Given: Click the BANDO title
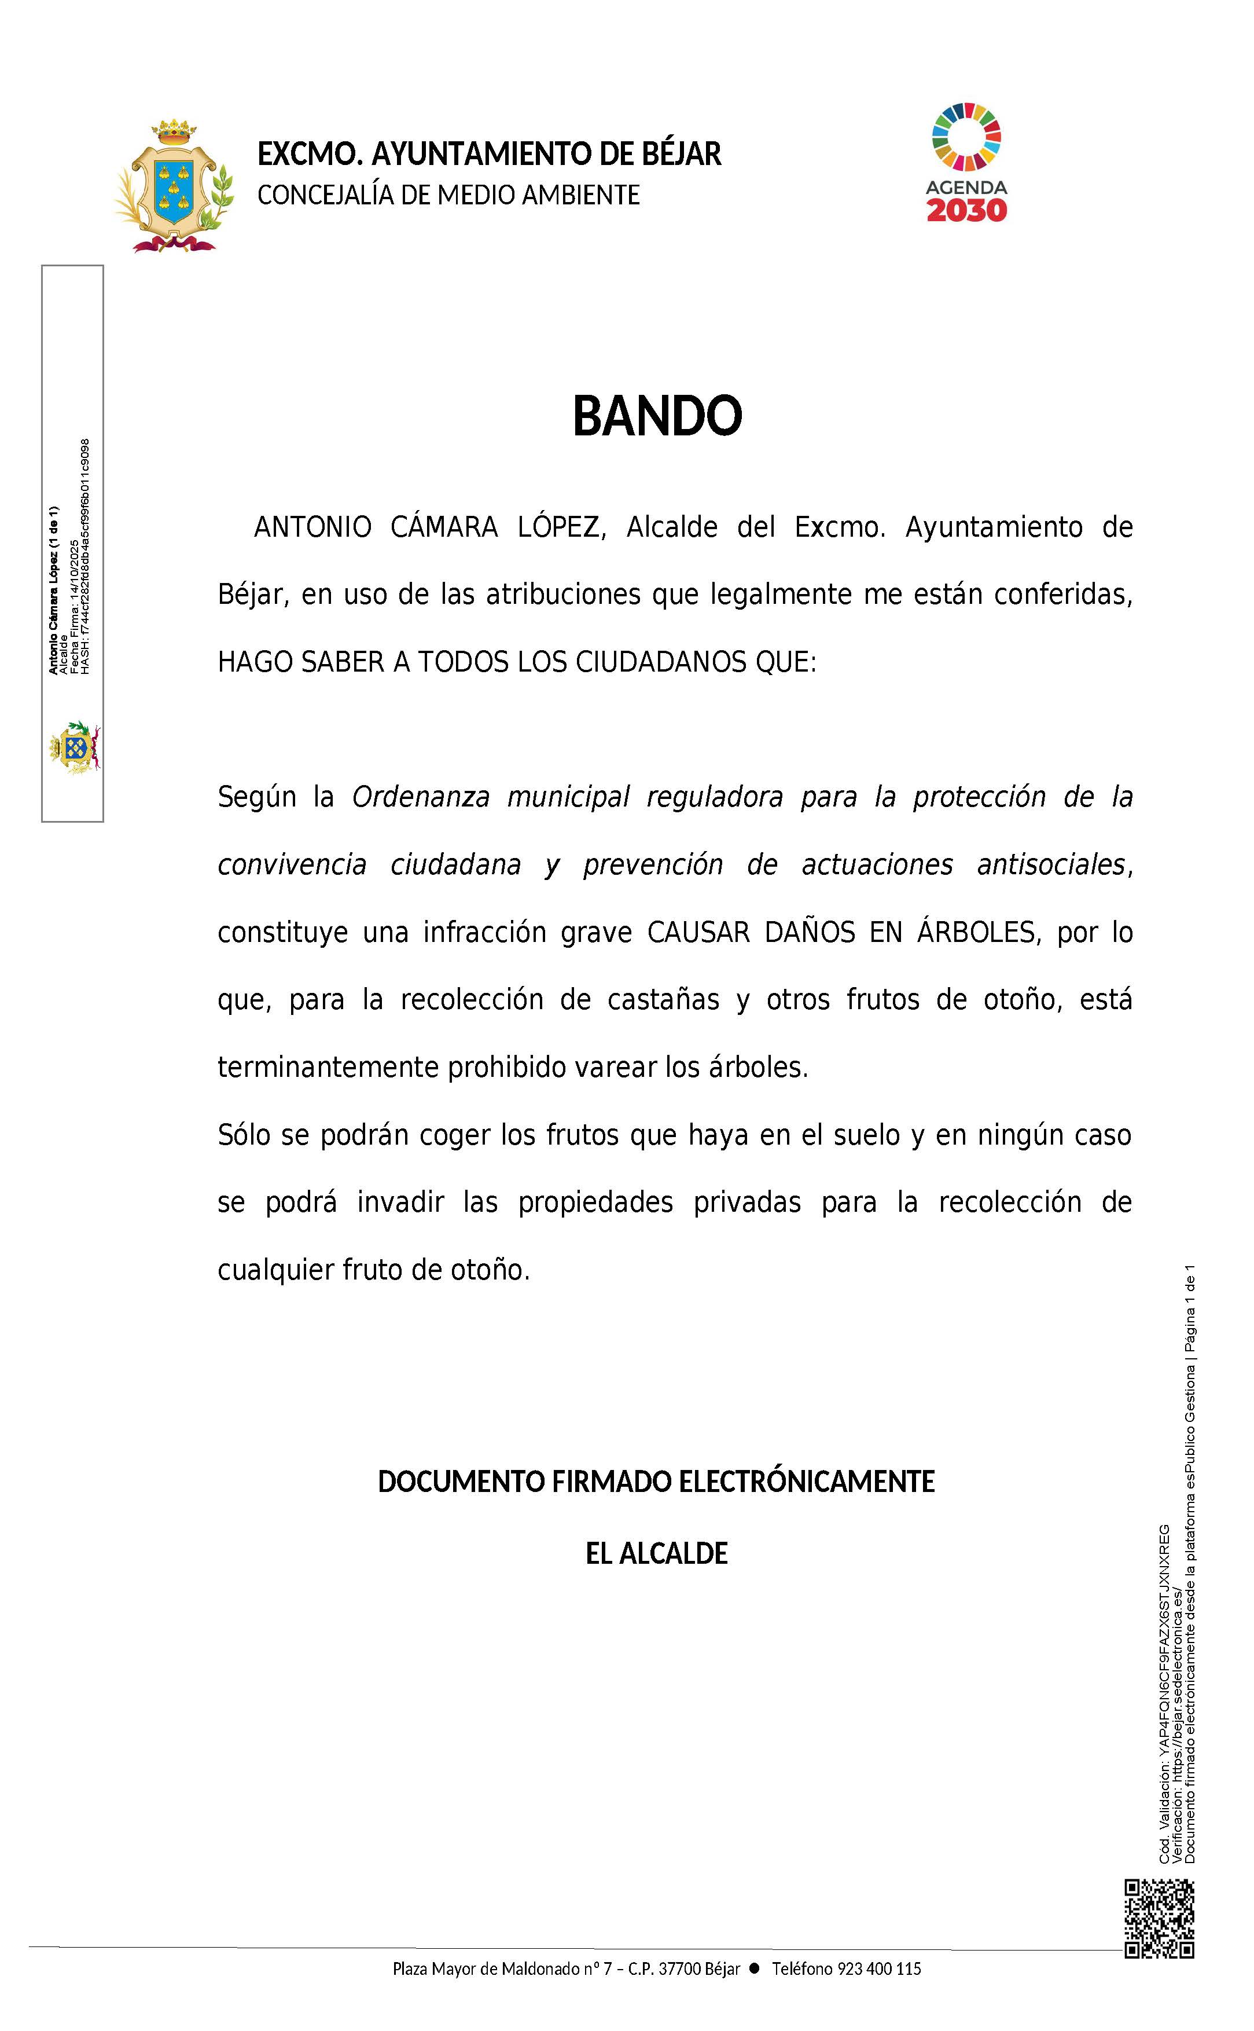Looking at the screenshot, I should (657, 416).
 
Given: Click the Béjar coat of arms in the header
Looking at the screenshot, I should (174, 186).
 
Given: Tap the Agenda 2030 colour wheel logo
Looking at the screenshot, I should (966, 136).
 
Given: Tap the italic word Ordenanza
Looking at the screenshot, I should (421, 797).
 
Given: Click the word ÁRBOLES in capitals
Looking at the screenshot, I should (976, 933).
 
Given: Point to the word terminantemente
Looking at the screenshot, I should (329, 1067).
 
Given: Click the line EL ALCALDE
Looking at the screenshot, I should (657, 1553).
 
